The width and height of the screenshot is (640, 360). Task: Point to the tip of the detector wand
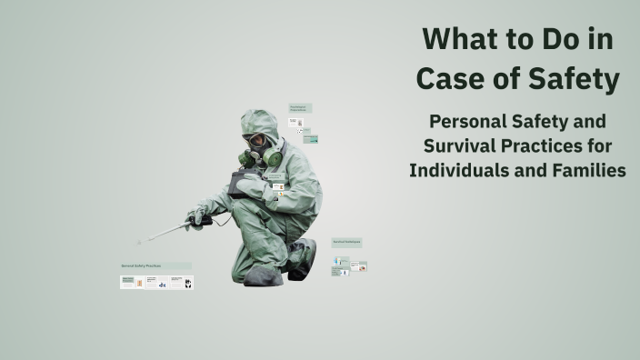140,242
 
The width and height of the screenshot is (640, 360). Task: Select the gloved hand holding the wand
197,215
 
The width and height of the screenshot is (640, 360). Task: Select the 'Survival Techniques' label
346,242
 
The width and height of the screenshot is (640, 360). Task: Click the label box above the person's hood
301,107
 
